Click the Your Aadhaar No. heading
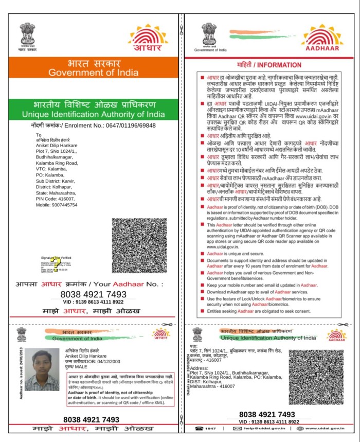[89, 284]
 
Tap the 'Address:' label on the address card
[199, 368]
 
